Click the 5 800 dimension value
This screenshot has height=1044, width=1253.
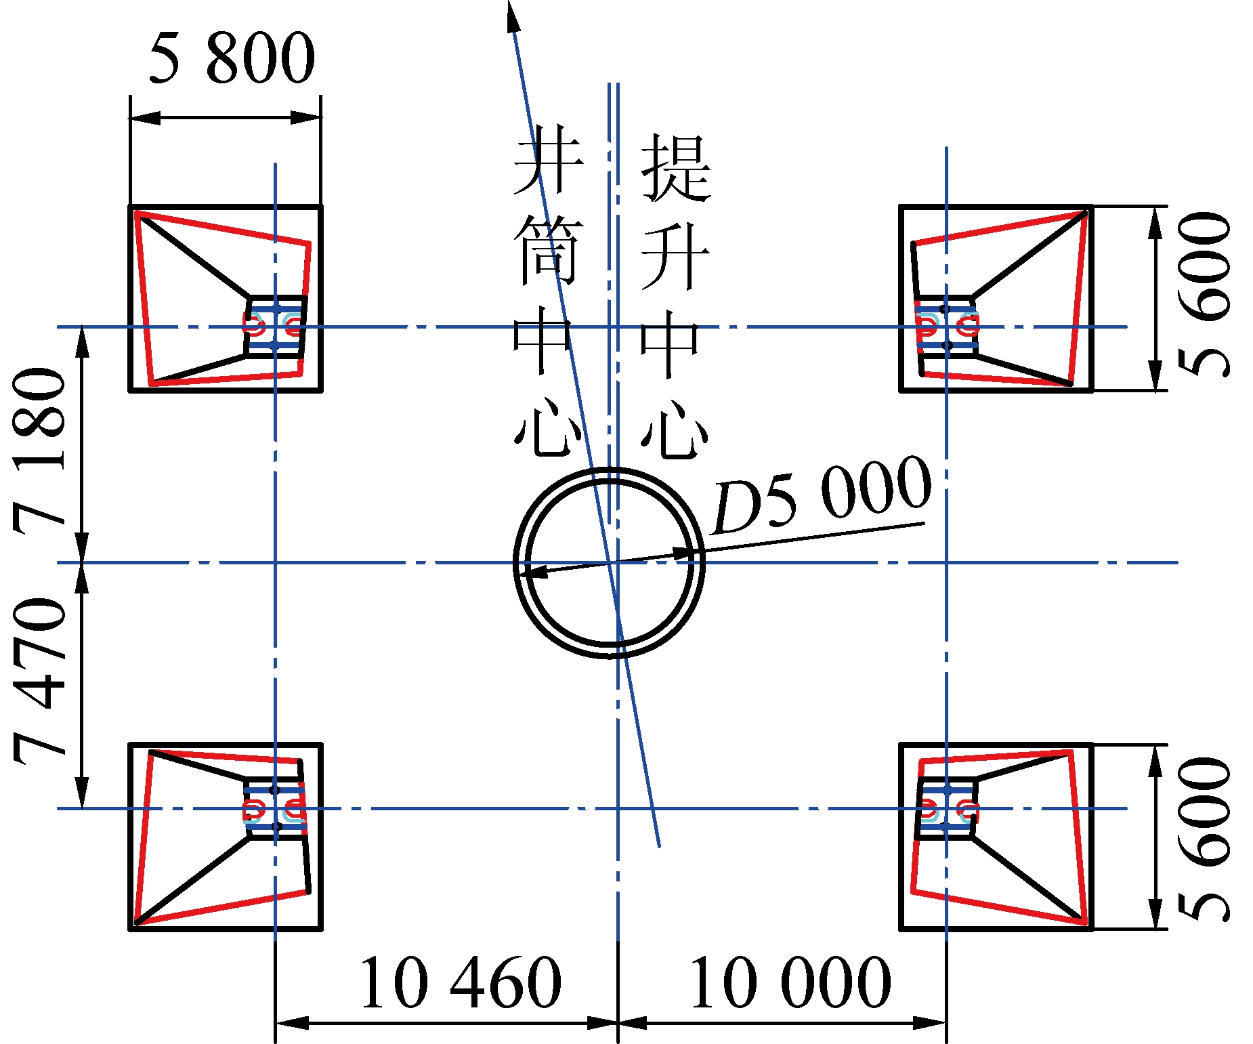232,58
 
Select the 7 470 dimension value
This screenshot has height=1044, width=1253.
40,682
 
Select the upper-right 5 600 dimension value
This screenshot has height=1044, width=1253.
1204,295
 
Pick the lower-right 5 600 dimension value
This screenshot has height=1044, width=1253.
1204,839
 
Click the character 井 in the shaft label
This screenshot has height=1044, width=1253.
547,159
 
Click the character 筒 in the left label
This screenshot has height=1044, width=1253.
547,251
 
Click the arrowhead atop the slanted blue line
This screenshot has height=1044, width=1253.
513,15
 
